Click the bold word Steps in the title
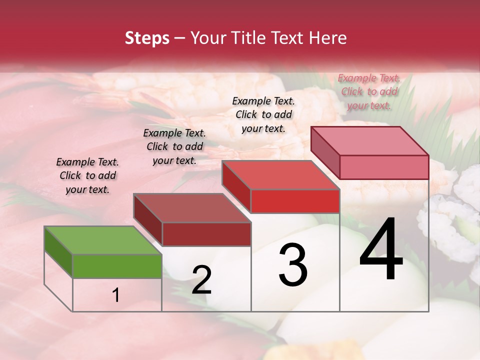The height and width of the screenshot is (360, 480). coord(147,38)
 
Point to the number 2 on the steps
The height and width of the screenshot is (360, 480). coord(201,280)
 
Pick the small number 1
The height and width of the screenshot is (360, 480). coord(116,295)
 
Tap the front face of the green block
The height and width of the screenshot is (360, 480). coord(117,266)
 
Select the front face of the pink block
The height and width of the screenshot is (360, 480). coord(384,167)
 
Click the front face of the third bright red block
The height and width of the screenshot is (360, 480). coord(295,201)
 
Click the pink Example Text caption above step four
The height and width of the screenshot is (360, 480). coord(369,91)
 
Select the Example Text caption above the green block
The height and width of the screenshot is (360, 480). coord(87,175)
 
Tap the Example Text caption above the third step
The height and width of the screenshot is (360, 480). coord(263,114)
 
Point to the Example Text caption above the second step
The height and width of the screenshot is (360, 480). coord(174,146)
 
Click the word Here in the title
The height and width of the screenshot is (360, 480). coord(328,38)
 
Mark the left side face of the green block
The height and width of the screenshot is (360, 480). coord(58,251)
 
